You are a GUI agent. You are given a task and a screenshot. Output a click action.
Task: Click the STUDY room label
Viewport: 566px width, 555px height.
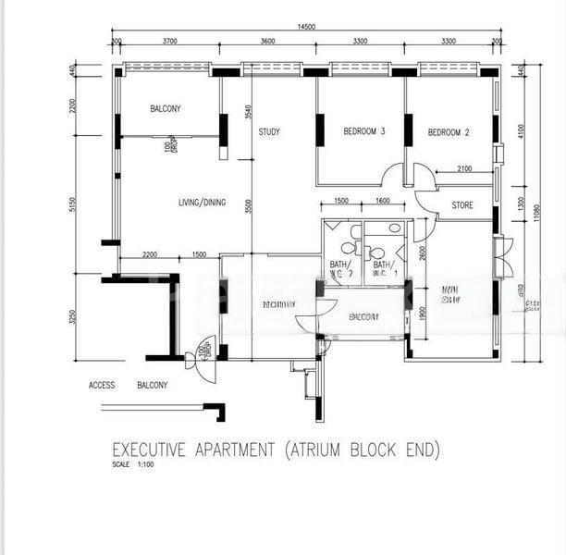(x=269, y=132)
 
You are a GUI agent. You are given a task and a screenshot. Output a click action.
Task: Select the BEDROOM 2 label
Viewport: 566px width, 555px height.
(x=449, y=133)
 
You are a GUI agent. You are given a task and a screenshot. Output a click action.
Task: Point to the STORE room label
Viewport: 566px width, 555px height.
(x=462, y=204)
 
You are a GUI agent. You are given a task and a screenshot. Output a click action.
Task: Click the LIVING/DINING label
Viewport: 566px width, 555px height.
(x=202, y=203)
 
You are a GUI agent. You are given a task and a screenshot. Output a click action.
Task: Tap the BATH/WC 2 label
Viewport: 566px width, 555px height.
(x=341, y=268)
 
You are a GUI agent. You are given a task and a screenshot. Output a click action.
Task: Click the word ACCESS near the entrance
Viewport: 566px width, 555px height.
(x=102, y=385)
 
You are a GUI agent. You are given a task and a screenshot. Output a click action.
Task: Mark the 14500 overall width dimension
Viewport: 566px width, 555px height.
(x=307, y=28)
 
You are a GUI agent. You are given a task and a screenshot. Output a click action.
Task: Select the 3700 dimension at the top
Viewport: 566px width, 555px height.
(x=170, y=42)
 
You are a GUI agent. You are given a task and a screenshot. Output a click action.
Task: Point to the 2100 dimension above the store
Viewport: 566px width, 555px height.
(x=464, y=168)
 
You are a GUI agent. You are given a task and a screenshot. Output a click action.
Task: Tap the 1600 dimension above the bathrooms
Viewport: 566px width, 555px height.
(x=383, y=201)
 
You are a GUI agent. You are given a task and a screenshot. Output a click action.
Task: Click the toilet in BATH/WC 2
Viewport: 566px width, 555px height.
(x=348, y=247)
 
